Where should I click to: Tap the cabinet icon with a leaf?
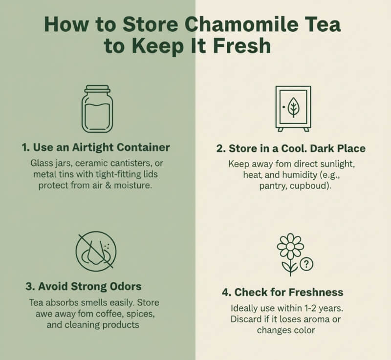coord(293,108)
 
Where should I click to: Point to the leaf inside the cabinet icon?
coord(294,106)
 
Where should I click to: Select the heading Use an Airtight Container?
coord(96,147)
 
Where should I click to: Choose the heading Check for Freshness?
coord(282,292)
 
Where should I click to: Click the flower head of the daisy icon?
coord(290,247)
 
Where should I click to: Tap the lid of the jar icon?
coord(96,90)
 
